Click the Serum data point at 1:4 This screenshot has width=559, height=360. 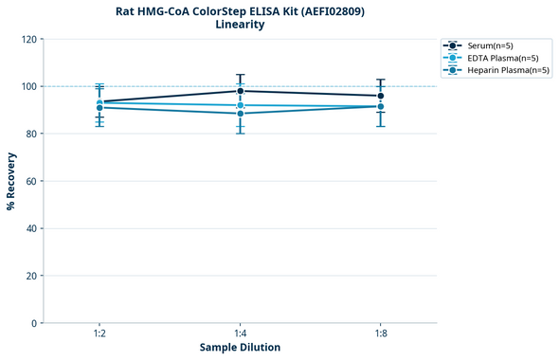tap(241, 91)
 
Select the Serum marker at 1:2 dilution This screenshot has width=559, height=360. tap(99, 101)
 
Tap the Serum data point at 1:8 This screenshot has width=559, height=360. tap(381, 96)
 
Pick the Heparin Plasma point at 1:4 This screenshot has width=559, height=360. tap(241, 114)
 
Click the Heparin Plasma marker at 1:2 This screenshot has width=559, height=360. tap(99, 108)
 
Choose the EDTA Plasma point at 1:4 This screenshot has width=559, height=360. tap(241, 105)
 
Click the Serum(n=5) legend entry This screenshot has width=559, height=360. tap(490, 45)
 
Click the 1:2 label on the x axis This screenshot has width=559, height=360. tap(99, 334)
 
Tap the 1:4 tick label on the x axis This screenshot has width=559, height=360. tap(241, 334)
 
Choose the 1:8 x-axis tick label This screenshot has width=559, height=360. tap(381, 334)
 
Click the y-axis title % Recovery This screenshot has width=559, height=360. tap(11, 181)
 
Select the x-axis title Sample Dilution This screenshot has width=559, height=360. tap(240, 348)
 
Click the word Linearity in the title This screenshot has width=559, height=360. tap(240, 25)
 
